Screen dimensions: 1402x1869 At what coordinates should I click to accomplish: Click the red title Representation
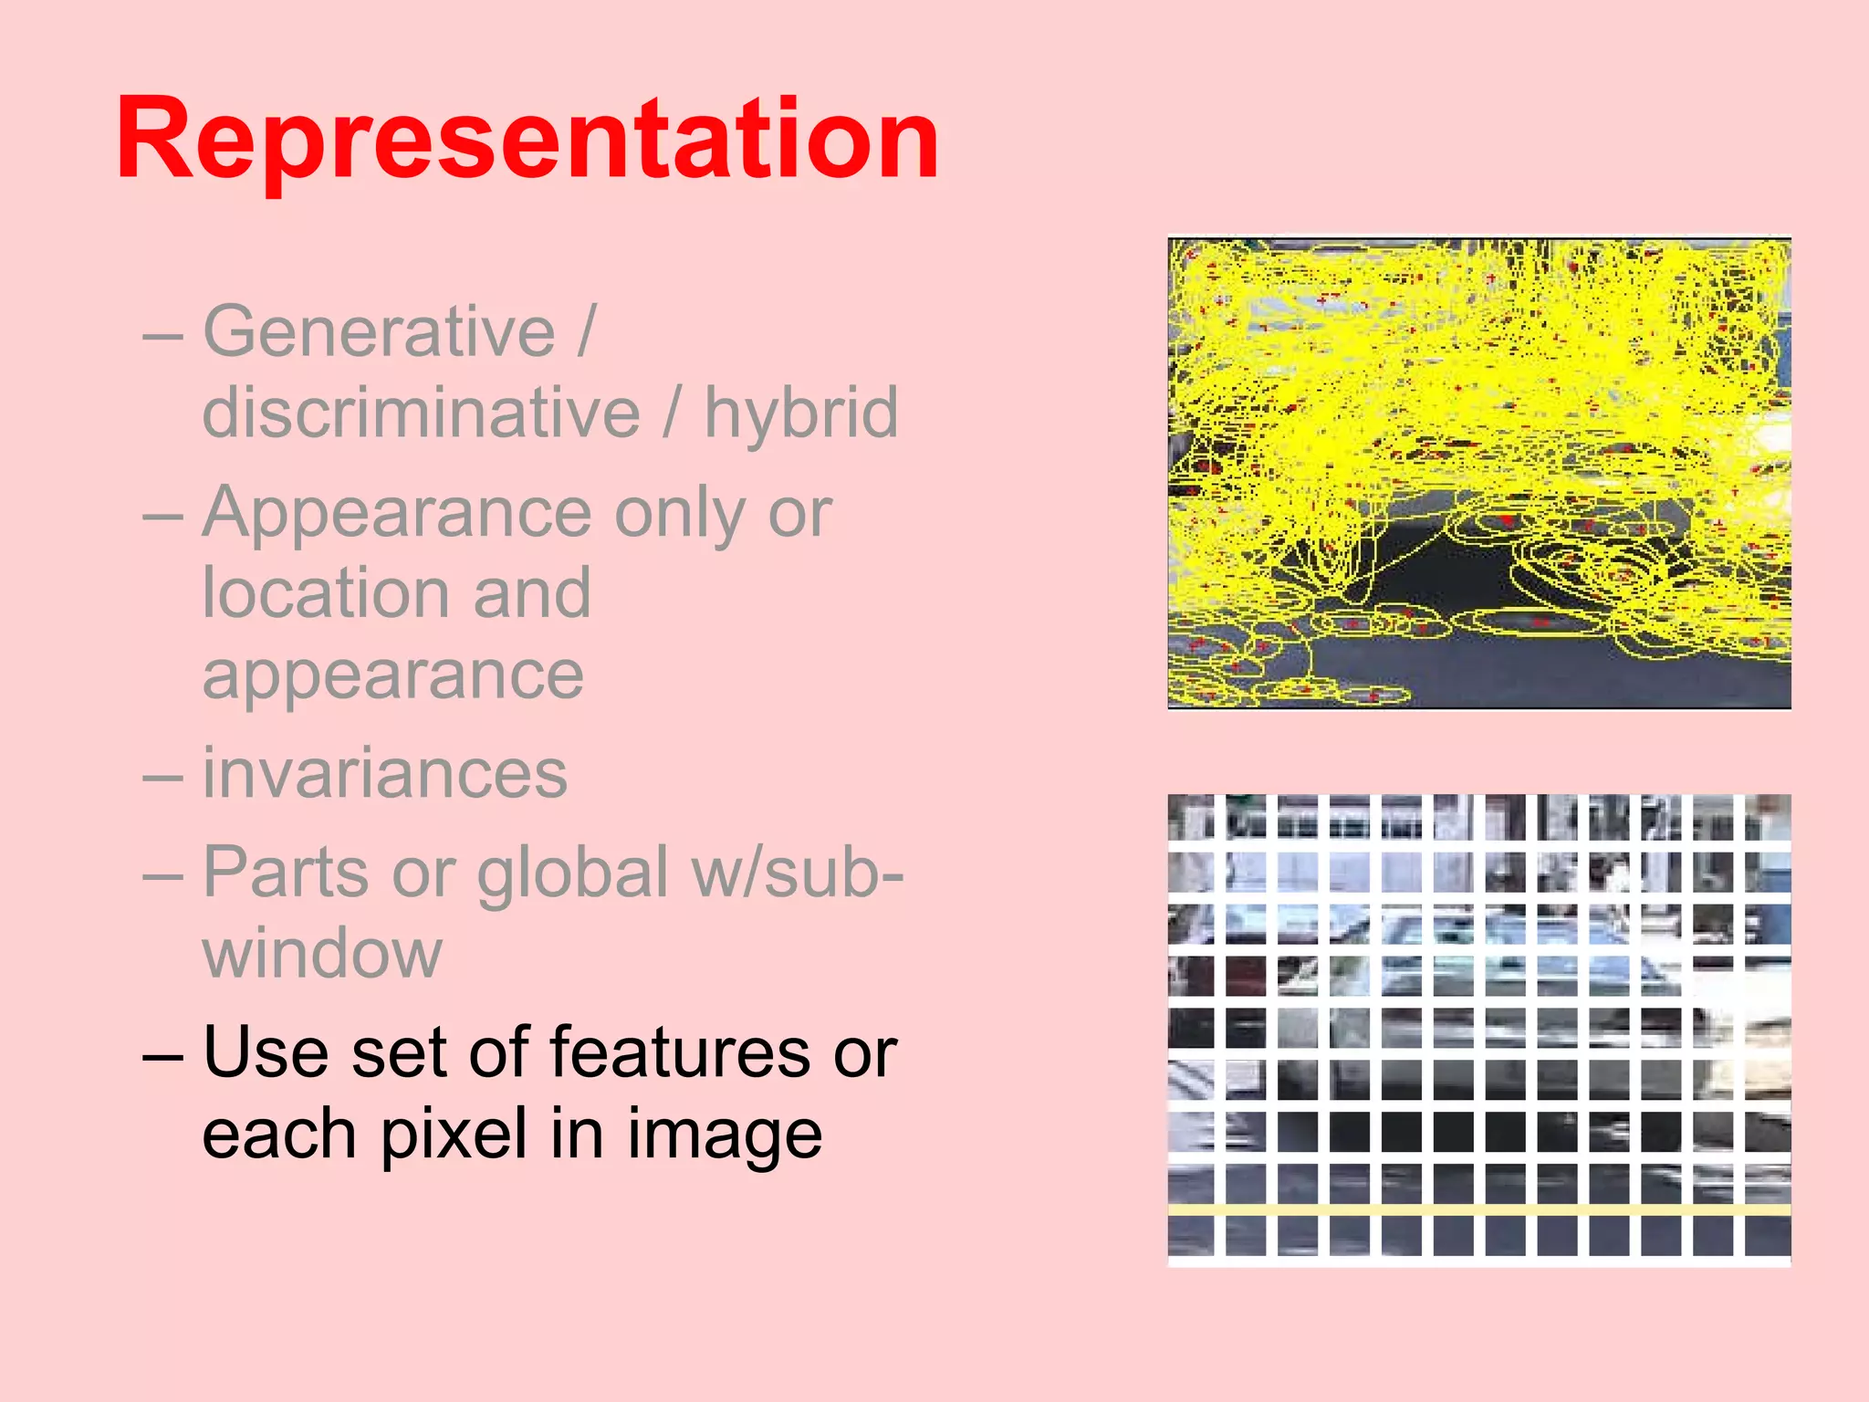pyautogui.click(x=527, y=140)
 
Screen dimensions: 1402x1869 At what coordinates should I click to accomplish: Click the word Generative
pyautogui.click(x=379, y=330)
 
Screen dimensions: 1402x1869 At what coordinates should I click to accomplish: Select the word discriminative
pyautogui.click(x=421, y=413)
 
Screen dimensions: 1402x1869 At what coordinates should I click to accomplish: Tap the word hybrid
pyautogui.click(x=800, y=413)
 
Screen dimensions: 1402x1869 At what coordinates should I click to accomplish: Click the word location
pyautogui.click(x=325, y=593)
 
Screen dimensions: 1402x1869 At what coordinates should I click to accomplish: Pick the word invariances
pyautogui.click(x=384, y=774)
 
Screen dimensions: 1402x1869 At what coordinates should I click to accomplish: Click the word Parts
pyautogui.click(x=286, y=872)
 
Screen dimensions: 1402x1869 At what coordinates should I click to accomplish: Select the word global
pyautogui.click(x=572, y=872)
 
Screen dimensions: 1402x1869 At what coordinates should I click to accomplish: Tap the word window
pyautogui.click(x=322, y=953)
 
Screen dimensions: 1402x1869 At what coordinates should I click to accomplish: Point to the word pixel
pyautogui.click(x=454, y=1134)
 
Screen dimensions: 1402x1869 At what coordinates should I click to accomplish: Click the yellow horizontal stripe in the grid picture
pyautogui.click(x=1478, y=1209)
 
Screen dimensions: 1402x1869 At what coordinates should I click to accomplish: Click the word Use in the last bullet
pyautogui.click(x=265, y=1051)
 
